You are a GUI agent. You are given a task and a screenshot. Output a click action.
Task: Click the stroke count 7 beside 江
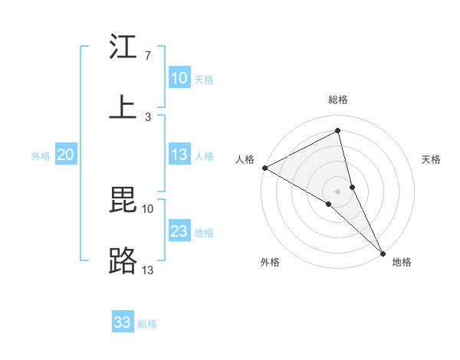[147, 56]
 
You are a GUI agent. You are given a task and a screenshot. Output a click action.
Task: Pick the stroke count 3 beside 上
[147, 116]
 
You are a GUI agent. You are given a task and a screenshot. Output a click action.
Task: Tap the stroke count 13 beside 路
[147, 270]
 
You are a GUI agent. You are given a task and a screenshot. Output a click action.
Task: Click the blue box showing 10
[179, 78]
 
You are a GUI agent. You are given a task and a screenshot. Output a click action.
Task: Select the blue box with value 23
[179, 231]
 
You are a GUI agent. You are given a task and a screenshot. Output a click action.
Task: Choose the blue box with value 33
[123, 322]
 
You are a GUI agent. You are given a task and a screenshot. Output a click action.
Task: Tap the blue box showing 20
[66, 155]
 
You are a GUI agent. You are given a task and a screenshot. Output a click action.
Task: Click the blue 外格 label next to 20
[41, 156]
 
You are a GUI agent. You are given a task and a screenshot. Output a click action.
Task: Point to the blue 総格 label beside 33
[147, 324]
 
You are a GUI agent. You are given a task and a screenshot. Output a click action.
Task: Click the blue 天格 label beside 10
[204, 80]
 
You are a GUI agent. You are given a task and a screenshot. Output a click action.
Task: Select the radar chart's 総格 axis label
[338, 100]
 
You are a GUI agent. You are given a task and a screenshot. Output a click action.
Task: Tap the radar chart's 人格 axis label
[245, 159]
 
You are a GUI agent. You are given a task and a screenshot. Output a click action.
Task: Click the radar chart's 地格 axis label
[402, 262]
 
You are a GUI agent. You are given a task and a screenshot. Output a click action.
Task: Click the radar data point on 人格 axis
[264, 168]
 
